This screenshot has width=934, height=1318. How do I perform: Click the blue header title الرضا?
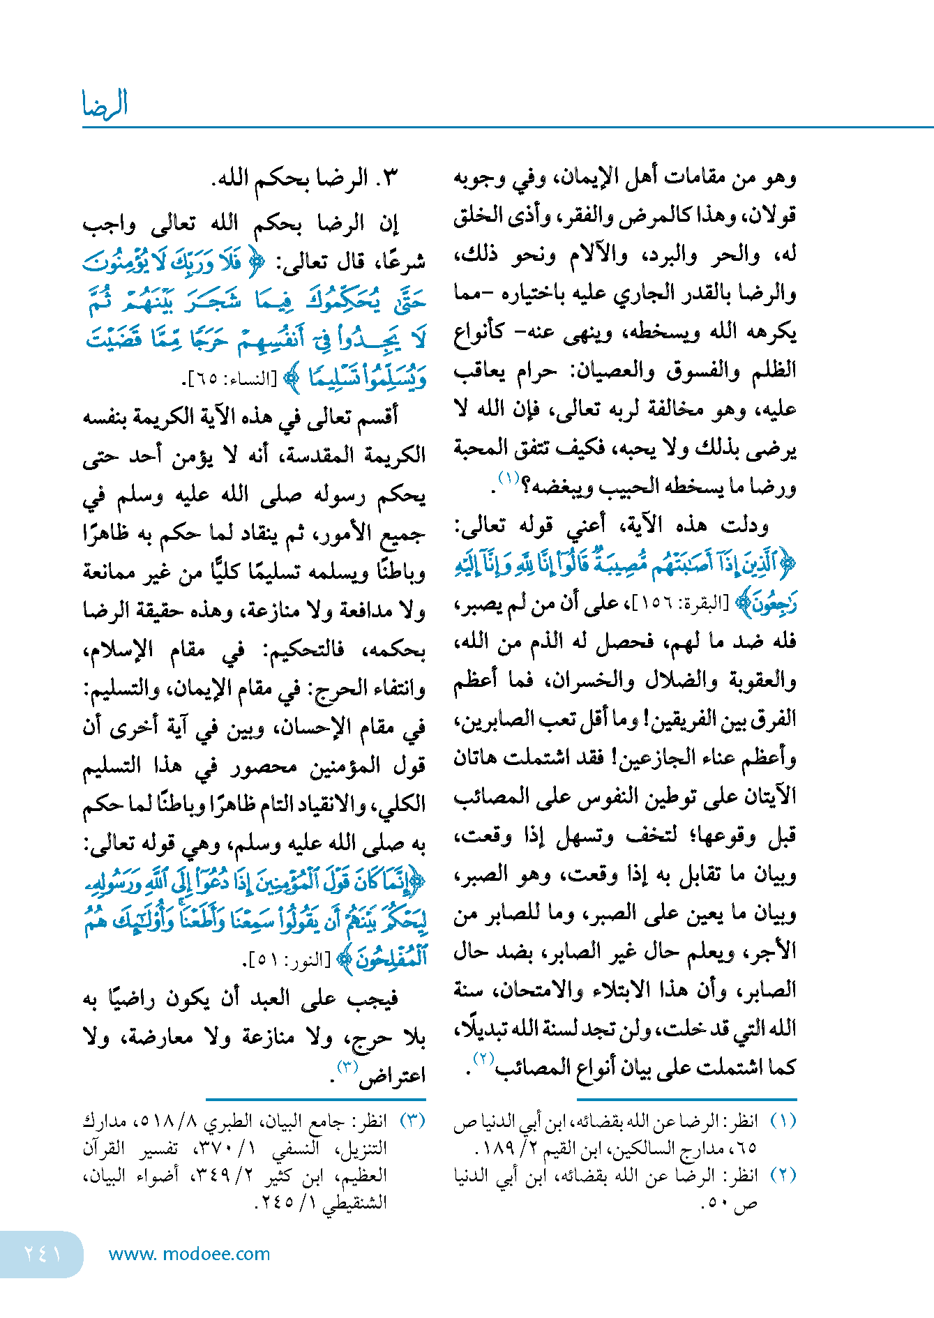click(105, 104)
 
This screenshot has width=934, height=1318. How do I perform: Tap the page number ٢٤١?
click(43, 1253)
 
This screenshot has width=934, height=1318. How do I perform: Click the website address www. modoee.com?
click(189, 1254)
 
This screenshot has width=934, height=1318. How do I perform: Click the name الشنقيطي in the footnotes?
click(352, 1202)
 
